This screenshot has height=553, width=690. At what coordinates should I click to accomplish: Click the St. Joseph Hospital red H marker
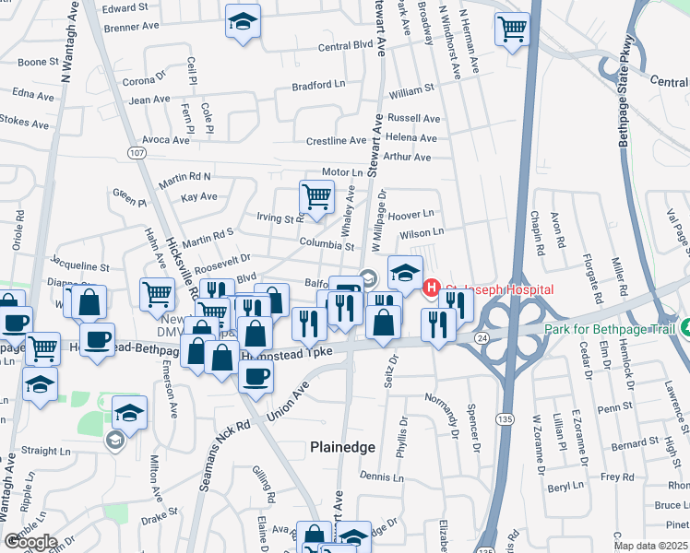pyautogui.click(x=431, y=289)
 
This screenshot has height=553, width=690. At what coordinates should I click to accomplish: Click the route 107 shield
pyautogui.click(x=137, y=152)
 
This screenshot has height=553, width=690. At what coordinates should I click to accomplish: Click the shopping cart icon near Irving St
pyautogui.click(x=316, y=197)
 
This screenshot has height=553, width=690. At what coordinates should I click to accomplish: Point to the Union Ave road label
pyautogui.click(x=286, y=404)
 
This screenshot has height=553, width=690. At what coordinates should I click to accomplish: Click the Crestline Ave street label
pyautogui.click(x=337, y=140)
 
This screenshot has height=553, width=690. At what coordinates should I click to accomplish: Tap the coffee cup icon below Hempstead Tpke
pyautogui.click(x=256, y=375)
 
